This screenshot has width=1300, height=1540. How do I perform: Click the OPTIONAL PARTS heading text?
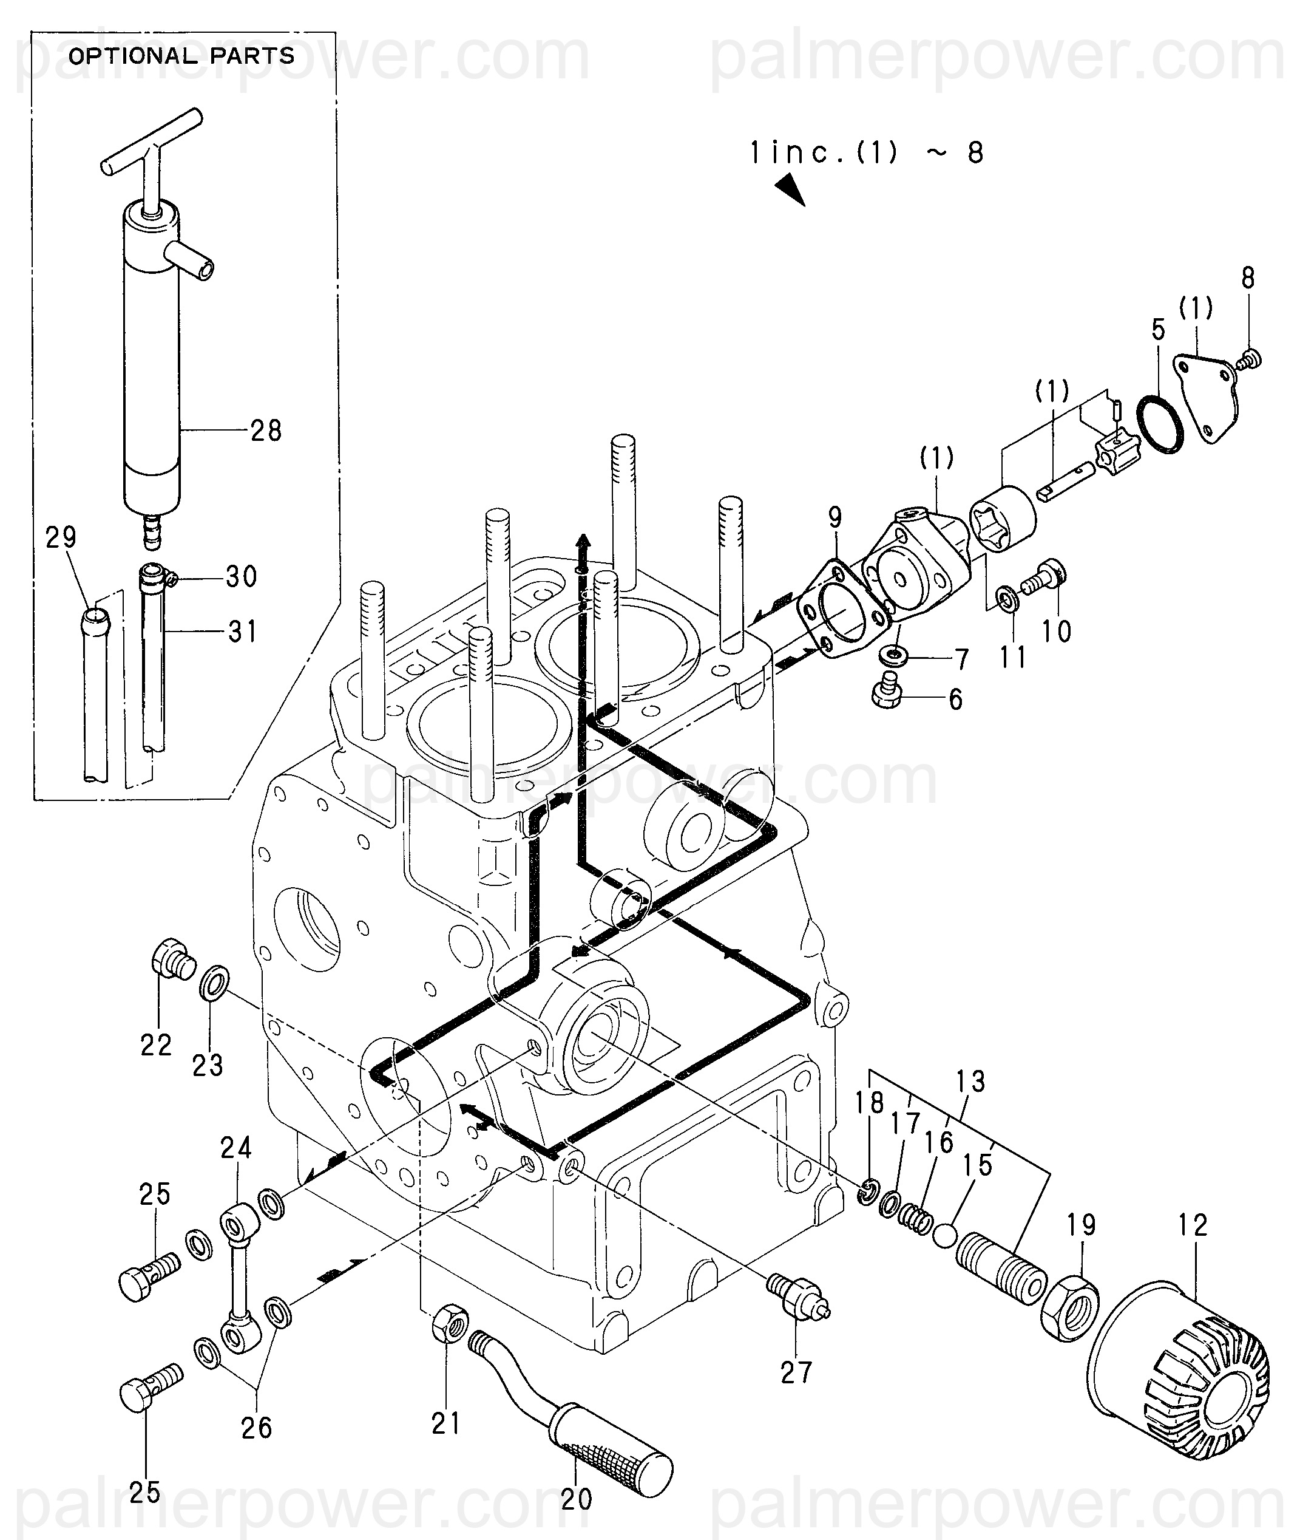[x=181, y=56]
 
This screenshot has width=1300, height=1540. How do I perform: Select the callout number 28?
[x=266, y=431]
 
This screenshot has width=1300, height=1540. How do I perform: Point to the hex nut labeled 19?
[x=1070, y=1306]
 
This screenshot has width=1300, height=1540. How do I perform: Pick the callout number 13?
[x=970, y=1082]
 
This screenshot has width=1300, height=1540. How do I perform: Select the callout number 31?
[x=243, y=632]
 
